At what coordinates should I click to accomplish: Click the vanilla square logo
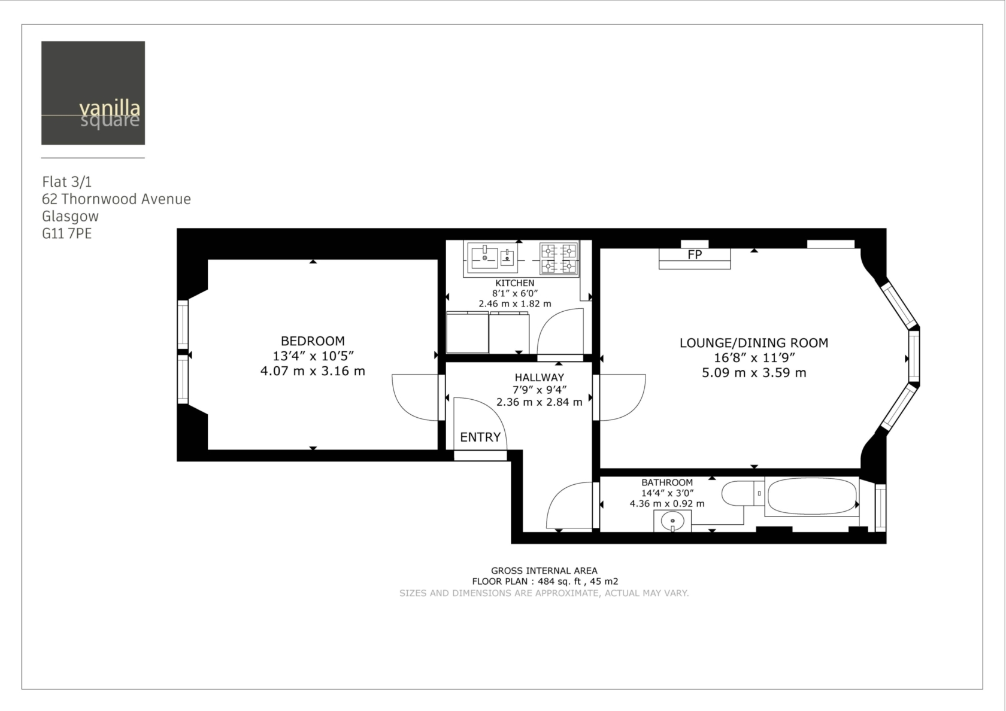(93, 93)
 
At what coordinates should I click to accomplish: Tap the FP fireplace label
(695, 255)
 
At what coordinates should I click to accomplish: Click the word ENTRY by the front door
(480, 437)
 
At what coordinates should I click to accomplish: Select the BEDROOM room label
(313, 341)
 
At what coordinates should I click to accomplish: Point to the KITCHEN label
(515, 283)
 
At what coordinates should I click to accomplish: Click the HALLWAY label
(539, 378)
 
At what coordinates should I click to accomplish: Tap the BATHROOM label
(667, 482)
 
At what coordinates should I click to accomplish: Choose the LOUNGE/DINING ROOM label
(753, 343)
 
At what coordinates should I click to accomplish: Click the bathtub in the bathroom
(812, 496)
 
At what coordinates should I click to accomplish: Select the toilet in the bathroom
(743, 493)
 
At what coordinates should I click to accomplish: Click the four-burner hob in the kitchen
(559, 259)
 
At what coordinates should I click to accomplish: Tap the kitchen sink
(492, 257)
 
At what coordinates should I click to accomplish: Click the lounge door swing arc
(634, 409)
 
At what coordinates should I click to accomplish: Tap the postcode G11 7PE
(67, 234)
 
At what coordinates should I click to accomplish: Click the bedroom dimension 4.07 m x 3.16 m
(313, 371)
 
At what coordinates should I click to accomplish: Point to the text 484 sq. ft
(559, 582)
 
